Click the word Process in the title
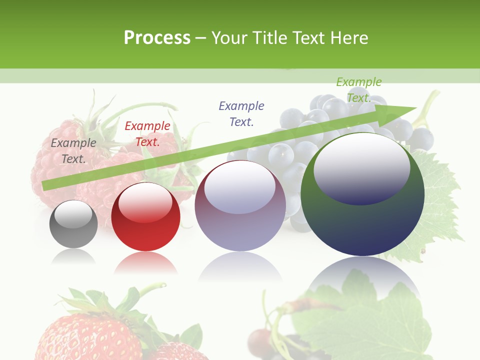click(x=157, y=38)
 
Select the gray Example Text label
click(x=73, y=150)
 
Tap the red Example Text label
click(x=147, y=134)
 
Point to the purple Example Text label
click(x=241, y=113)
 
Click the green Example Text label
click(x=359, y=89)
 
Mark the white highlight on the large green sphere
click(x=361, y=168)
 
